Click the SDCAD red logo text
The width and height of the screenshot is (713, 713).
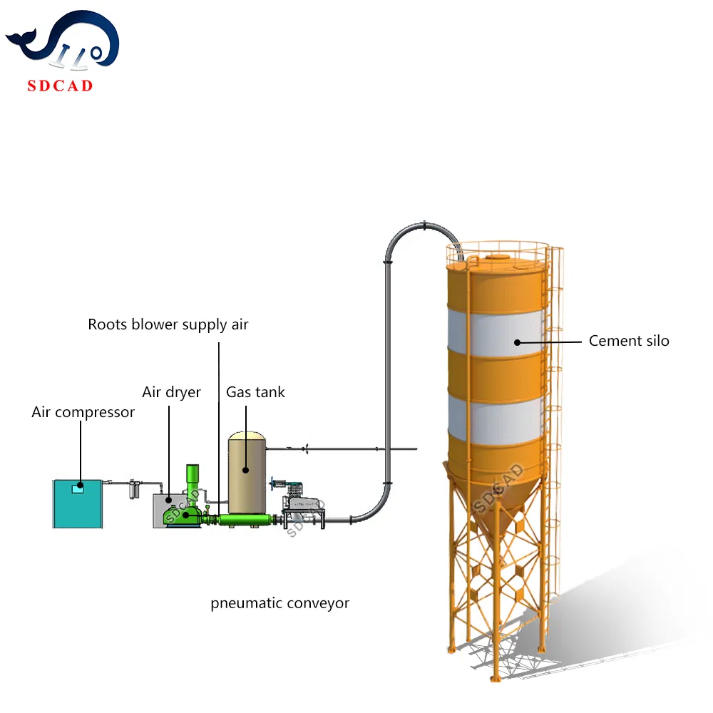[60, 86]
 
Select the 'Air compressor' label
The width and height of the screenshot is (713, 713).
[83, 412]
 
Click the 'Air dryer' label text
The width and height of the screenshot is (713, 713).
[171, 392]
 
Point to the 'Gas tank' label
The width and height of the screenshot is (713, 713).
[255, 392]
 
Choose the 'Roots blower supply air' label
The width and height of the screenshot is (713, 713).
[168, 324]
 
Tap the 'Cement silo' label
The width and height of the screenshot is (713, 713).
[629, 341]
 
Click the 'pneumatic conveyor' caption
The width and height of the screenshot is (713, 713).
[279, 603]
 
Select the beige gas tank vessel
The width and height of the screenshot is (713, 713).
[247, 467]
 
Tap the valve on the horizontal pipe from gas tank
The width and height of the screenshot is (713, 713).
[305, 448]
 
